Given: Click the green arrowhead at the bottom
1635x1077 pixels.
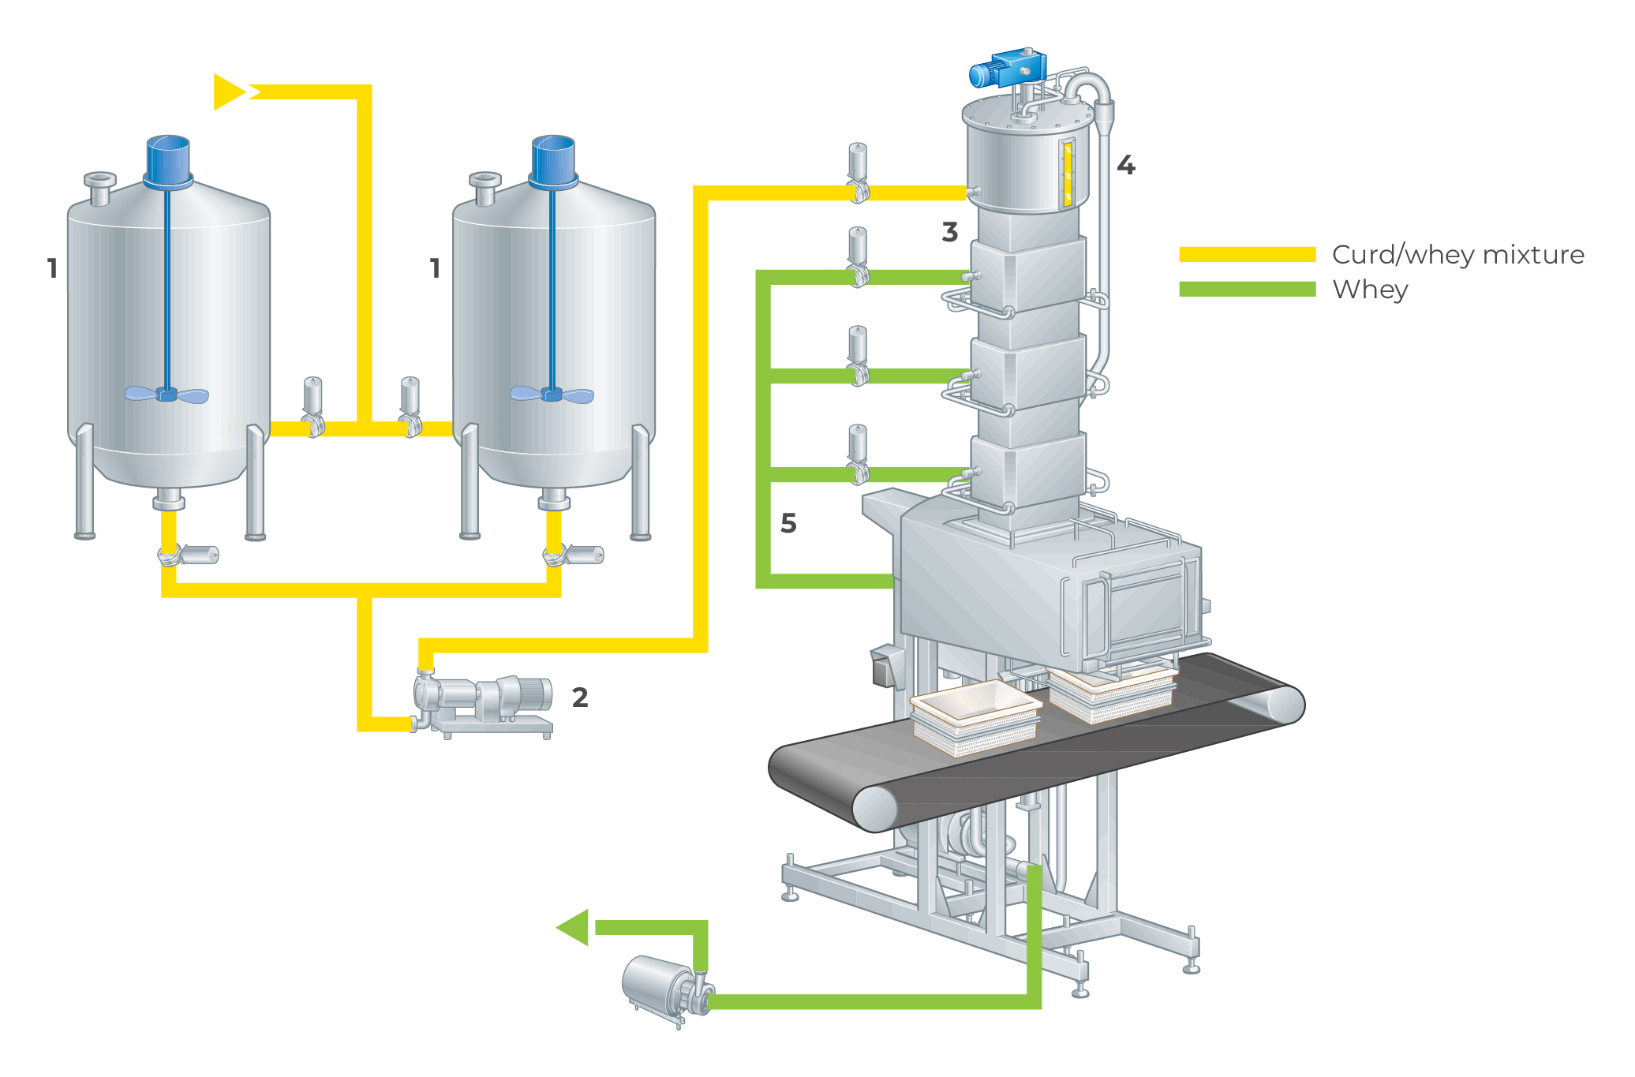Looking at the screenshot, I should pyautogui.click(x=574, y=927).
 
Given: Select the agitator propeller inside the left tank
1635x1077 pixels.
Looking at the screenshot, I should pyautogui.click(x=166, y=394).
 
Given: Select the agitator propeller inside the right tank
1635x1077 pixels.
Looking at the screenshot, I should pyautogui.click(x=552, y=394).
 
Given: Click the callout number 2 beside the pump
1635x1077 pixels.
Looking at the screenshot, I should pyautogui.click(x=580, y=697).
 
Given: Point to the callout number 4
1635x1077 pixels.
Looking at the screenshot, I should pyautogui.click(x=1126, y=166).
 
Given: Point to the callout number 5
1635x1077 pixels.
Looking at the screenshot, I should pyautogui.click(x=788, y=523).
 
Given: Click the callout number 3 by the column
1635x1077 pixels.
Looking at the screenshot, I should pyautogui.click(x=950, y=232).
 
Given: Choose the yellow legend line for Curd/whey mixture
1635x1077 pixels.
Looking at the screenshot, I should pyautogui.click(x=1247, y=254).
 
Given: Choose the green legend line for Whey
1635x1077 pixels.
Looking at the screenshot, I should pyautogui.click(x=1247, y=289).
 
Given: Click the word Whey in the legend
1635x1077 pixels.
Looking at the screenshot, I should pyautogui.click(x=1370, y=290).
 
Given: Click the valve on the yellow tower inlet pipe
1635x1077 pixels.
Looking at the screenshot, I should pyautogui.click(x=858, y=175).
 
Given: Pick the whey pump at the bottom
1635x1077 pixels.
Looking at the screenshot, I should pyautogui.click(x=667, y=986).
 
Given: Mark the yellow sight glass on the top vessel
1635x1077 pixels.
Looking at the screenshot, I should pyautogui.click(x=1067, y=174).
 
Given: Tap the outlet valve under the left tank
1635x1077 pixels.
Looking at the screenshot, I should pyautogui.click(x=188, y=555).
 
